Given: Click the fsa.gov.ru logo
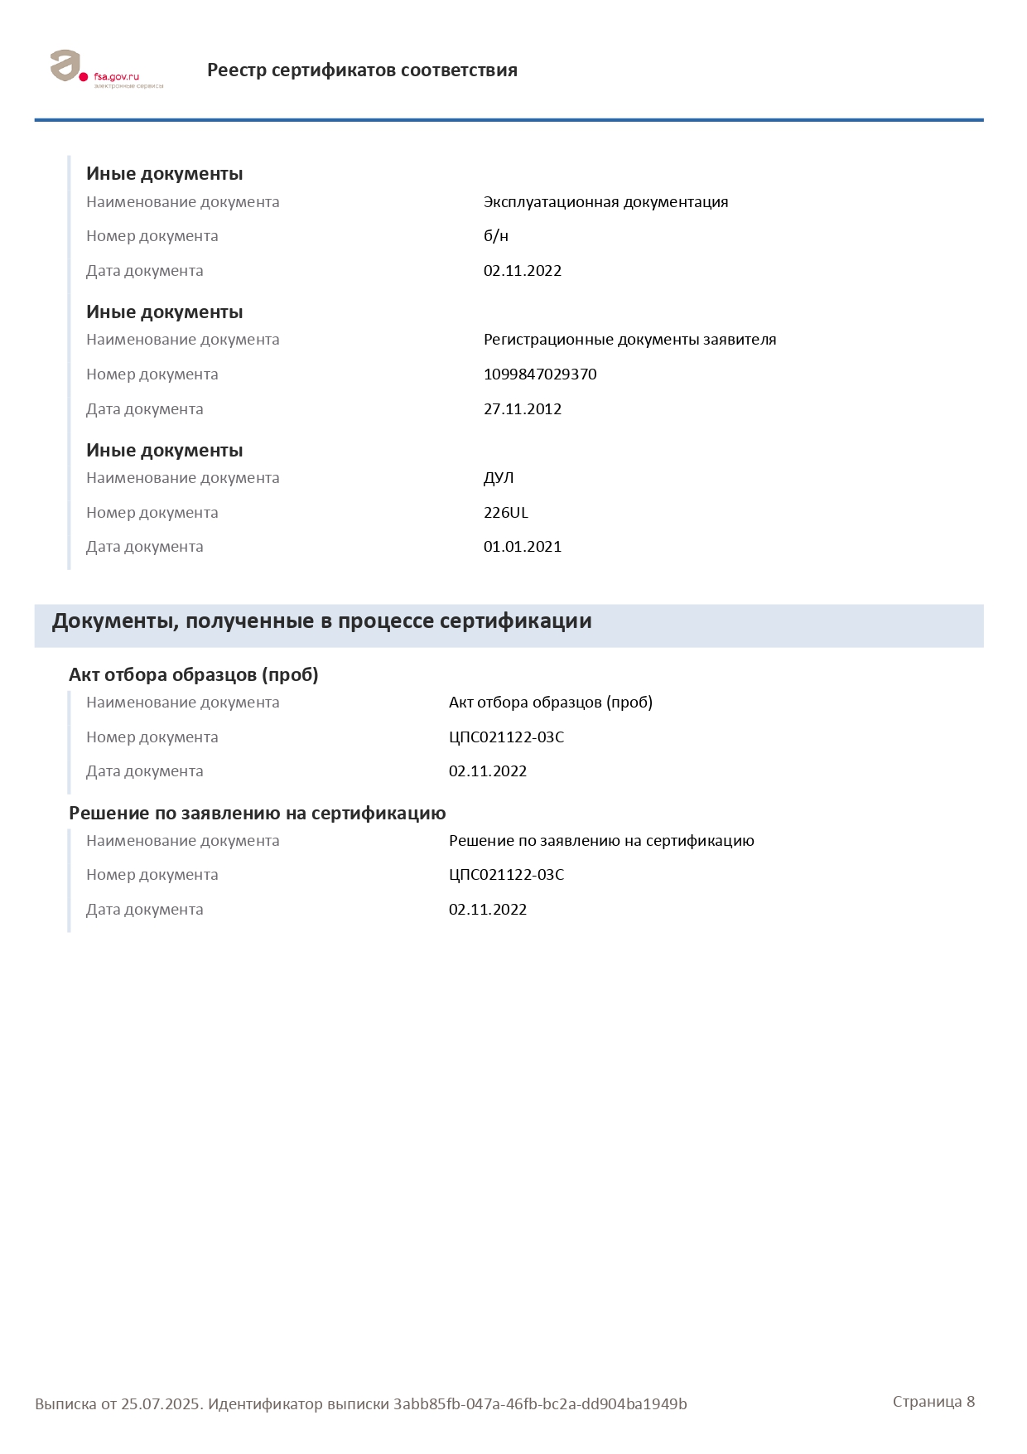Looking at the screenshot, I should point(106,70).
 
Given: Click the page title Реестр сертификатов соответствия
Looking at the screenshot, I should point(362,70).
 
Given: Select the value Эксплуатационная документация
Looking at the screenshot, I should point(605,202).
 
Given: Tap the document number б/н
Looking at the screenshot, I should point(495,236).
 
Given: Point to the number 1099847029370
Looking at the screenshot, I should point(540,374).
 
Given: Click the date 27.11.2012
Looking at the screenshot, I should point(522,409).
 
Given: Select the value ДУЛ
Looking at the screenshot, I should point(499,478).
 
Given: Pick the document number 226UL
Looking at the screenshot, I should point(505,513).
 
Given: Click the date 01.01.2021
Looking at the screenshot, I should point(522,547).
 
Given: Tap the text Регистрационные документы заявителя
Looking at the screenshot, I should point(629,340).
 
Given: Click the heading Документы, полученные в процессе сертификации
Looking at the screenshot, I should point(321,621).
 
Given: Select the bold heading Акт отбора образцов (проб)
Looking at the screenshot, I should point(193,675).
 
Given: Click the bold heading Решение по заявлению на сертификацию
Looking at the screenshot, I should point(257,814).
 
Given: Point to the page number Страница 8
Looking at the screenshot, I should point(933,1402).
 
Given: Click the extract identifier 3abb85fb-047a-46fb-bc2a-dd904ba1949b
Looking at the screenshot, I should point(540,1404).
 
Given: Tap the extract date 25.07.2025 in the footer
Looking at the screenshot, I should point(162,1404).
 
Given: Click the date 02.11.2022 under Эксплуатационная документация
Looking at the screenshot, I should point(522,271).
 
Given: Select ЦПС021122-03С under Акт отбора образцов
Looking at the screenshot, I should point(506,737).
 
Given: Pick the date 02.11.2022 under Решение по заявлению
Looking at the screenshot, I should point(487,910).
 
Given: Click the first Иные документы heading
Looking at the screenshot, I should point(164,174).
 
